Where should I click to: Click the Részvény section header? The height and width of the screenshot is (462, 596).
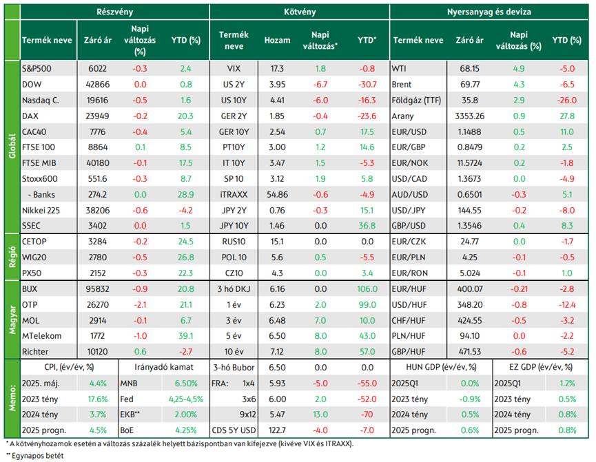coord(114,12)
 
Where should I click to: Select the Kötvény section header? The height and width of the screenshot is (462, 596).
coord(300,12)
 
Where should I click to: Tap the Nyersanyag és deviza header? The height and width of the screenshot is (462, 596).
coord(489,12)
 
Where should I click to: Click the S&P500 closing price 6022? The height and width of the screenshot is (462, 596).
coord(97,69)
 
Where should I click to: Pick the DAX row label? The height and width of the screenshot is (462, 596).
coord(30,116)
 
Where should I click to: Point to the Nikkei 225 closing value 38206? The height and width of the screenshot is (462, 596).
coord(97,210)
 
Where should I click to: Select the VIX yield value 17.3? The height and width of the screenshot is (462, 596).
coord(277,69)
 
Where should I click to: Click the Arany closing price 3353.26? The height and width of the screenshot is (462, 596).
coord(469,116)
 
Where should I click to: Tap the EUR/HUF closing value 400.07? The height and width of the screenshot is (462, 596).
coord(469,288)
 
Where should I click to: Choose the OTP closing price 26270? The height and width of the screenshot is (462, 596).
coord(97,305)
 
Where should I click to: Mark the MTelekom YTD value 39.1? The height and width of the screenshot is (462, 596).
coord(185,336)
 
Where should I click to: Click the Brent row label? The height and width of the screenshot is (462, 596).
coord(402,85)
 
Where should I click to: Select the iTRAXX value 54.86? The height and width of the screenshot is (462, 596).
coord(277,195)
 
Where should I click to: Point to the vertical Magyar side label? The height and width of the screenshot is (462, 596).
coord(12,320)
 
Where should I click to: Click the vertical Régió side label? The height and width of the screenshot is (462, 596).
coord(12,257)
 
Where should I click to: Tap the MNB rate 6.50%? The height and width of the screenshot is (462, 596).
coord(185,384)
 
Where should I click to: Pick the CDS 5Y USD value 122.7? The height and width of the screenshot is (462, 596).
coord(277,430)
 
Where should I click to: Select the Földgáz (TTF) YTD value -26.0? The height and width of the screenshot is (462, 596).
coord(567,101)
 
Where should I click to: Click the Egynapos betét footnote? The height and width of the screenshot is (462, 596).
coord(34,456)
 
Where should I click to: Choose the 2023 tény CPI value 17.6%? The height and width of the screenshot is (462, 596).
coord(98,399)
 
